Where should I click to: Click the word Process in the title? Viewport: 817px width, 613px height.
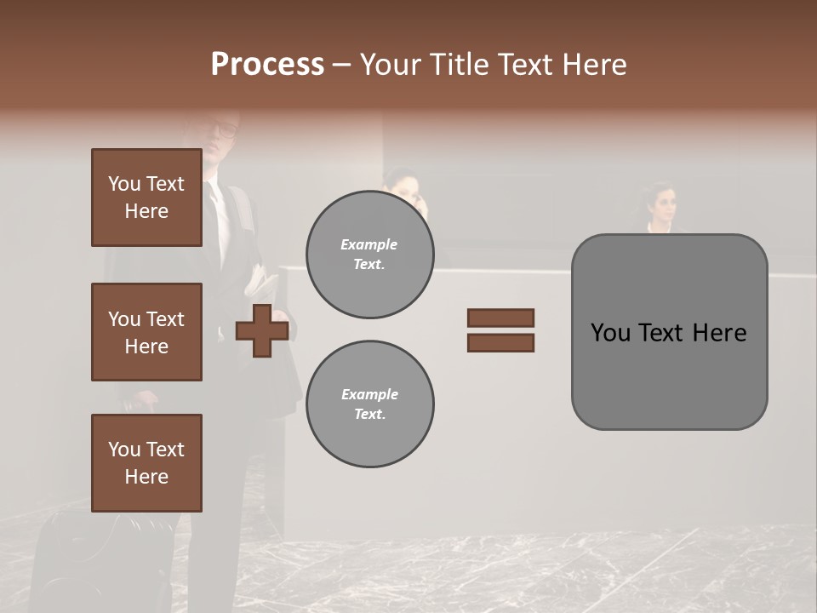pos(267,65)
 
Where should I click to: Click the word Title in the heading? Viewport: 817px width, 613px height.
pos(459,65)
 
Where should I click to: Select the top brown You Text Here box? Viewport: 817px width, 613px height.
pos(146,198)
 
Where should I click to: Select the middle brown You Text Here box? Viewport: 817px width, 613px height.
pos(146,332)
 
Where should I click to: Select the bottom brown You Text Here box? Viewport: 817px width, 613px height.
pos(146,463)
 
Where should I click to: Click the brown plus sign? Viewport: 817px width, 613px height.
pos(262,330)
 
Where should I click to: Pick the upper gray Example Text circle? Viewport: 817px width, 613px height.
pos(369,255)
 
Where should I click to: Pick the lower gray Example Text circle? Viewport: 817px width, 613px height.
pos(369,404)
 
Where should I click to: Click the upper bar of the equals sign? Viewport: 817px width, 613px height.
pos(500,318)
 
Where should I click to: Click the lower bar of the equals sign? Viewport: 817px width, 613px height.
pos(500,342)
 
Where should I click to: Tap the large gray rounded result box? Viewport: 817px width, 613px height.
pos(669,375)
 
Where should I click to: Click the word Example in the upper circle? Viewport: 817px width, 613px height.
pos(369,244)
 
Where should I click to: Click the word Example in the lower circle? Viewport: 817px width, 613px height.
pos(369,394)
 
